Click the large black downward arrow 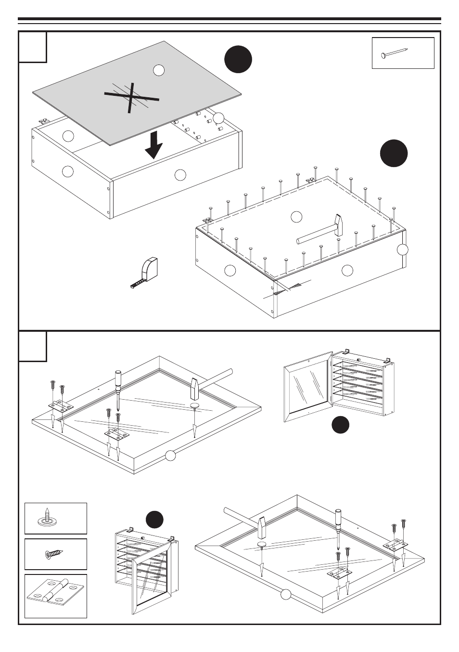[153, 146]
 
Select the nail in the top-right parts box [395, 53]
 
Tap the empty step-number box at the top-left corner [33, 47]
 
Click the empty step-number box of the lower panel [33, 346]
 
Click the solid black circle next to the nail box [238, 60]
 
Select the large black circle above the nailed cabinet [394, 154]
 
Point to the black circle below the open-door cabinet [340, 425]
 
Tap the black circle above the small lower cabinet [155, 520]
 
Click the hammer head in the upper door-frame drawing [195, 388]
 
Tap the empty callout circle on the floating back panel [159, 70]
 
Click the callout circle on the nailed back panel [296, 217]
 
